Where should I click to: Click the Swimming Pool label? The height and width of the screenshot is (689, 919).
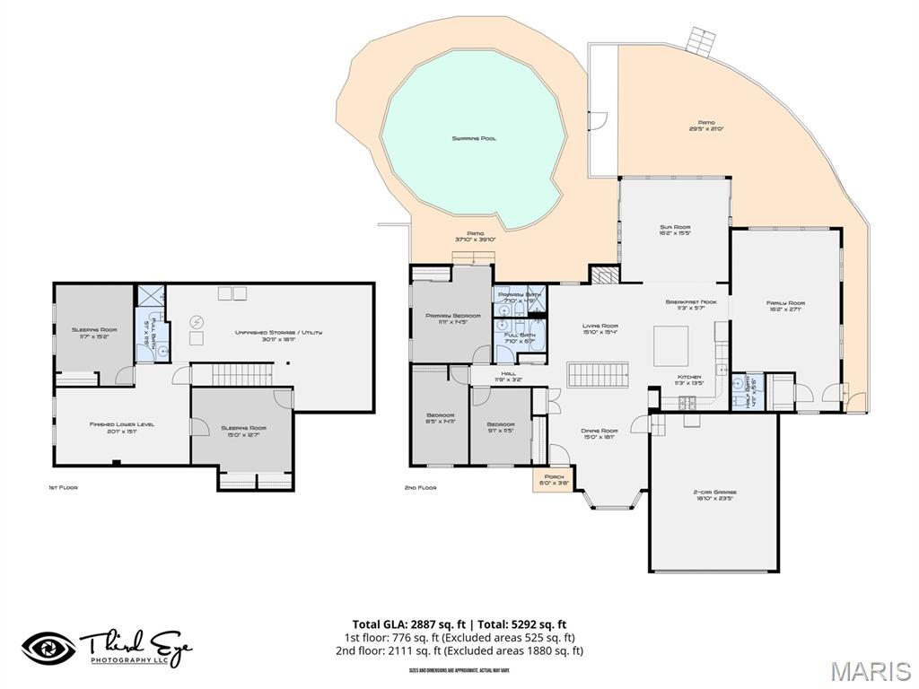click(x=474, y=138)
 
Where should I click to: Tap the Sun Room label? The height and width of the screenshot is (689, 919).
click(x=674, y=231)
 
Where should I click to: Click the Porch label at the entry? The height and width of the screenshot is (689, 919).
click(x=546, y=480)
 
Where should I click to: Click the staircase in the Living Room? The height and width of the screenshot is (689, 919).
click(x=600, y=374)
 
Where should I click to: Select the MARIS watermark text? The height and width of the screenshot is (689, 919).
click(x=870, y=670)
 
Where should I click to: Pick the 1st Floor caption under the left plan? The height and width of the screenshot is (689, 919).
click(x=63, y=487)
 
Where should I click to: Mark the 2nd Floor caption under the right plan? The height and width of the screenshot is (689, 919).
click(x=420, y=487)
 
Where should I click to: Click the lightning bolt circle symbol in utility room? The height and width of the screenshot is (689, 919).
click(x=197, y=322)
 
